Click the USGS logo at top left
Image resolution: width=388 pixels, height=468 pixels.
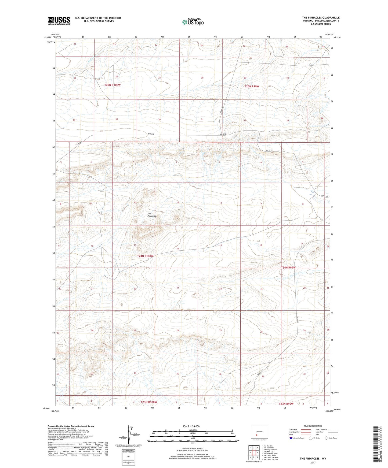(59, 21)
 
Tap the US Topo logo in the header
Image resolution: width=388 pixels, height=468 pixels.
(193, 22)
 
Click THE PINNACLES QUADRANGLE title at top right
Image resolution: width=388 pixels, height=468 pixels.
(321, 18)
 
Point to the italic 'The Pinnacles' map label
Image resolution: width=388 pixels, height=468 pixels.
(152, 215)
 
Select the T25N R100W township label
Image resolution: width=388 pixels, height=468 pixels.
(112, 85)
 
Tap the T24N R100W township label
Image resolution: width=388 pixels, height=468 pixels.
(145, 256)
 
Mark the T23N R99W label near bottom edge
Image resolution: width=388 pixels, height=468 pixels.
(286, 404)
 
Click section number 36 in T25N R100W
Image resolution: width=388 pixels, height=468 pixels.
(159, 120)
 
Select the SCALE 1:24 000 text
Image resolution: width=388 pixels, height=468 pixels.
(191, 426)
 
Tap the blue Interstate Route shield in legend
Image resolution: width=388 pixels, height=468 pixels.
(291, 438)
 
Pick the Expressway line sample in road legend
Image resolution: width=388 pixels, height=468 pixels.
(306, 429)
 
